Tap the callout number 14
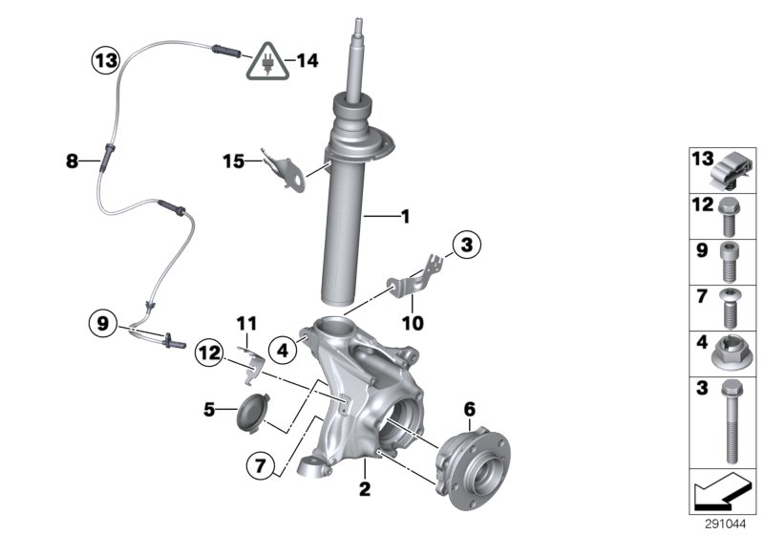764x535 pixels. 306,60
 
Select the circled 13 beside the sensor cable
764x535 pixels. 105,60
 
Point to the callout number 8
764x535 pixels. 72,162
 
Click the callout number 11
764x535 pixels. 247,325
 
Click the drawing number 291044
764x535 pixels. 728,524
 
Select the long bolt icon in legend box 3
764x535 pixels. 730,421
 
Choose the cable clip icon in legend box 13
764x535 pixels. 730,171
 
